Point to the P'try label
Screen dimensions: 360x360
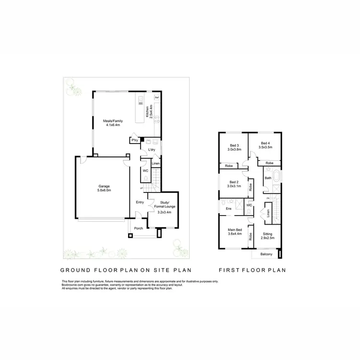pyautogui.click(x=135, y=140)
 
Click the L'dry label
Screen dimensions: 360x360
pyautogui.click(x=152, y=150)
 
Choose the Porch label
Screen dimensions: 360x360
pyautogui.click(x=138, y=228)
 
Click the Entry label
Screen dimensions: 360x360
pyautogui.click(x=140, y=202)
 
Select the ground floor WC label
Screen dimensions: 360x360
pyautogui.click(x=144, y=170)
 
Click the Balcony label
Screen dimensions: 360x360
pyautogui.click(x=266, y=254)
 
